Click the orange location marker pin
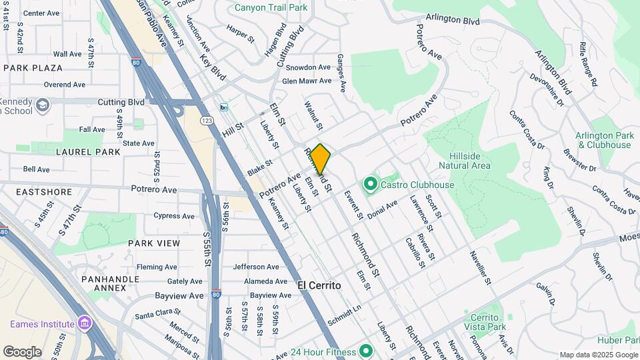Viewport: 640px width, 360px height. (x=320, y=159)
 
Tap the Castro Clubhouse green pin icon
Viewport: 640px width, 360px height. (x=369, y=183)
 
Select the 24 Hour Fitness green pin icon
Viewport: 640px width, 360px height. (x=365, y=350)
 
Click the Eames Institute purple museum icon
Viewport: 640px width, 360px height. (x=84, y=324)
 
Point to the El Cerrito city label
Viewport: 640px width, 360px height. (x=319, y=285)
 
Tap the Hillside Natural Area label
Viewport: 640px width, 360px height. (x=465, y=161)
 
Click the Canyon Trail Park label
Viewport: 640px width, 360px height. (x=271, y=8)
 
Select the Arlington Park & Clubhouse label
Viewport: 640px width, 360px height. (x=604, y=140)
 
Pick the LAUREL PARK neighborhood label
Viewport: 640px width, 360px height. (x=89, y=152)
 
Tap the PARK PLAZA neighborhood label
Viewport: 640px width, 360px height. (x=33, y=68)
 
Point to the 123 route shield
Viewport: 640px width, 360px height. (x=207, y=120)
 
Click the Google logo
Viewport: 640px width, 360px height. (x=22, y=352)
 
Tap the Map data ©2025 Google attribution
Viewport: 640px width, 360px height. (x=597, y=355)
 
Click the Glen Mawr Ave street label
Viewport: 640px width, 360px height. (x=306, y=81)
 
